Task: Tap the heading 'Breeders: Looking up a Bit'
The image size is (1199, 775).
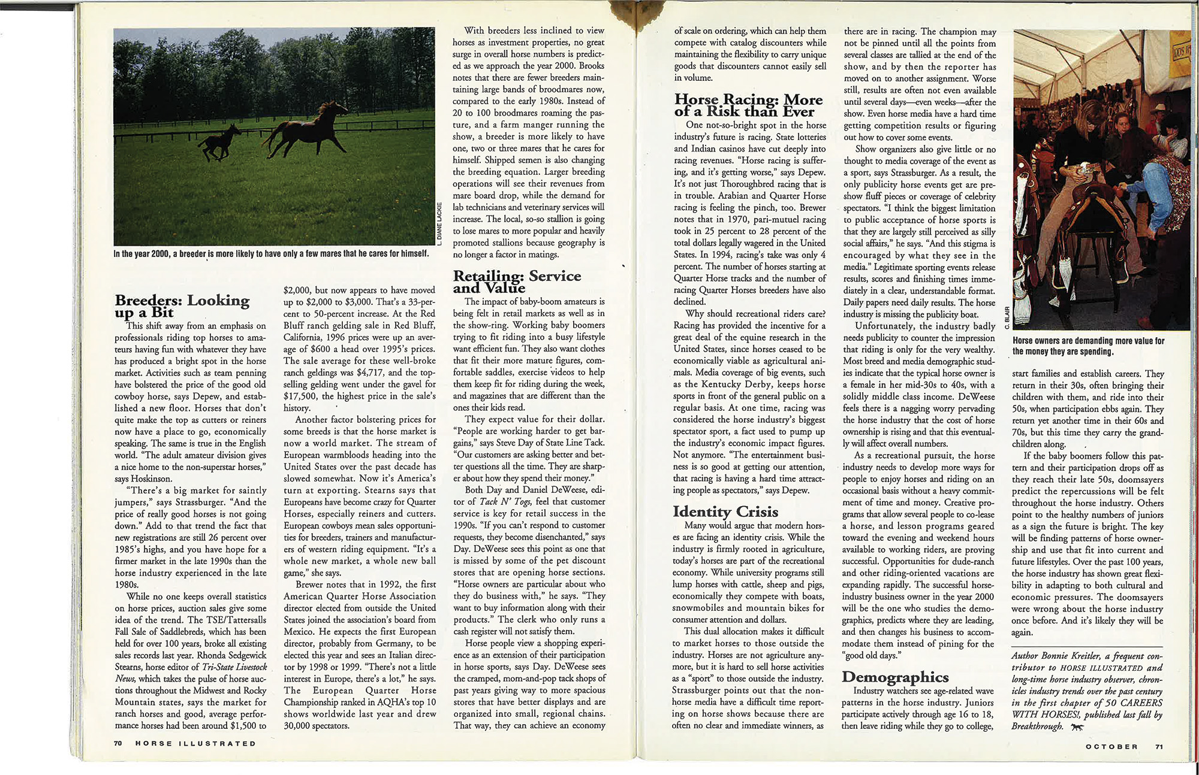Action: [x=182, y=306]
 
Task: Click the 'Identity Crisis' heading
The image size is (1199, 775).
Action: [x=725, y=511]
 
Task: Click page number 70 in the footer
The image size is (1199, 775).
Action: [x=118, y=744]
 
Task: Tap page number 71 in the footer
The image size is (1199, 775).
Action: [x=1159, y=746]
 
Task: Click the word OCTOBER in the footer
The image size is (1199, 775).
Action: [x=1111, y=746]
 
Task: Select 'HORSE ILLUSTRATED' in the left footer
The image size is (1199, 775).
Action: [x=195, y=744]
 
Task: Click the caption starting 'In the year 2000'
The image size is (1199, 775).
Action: [x=271, y=253]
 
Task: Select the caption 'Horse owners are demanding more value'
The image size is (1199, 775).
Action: [x=1088, y=346]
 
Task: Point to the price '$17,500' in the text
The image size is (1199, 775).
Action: [x=300, y=396]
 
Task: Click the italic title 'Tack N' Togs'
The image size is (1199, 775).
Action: [x=505, y=502]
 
